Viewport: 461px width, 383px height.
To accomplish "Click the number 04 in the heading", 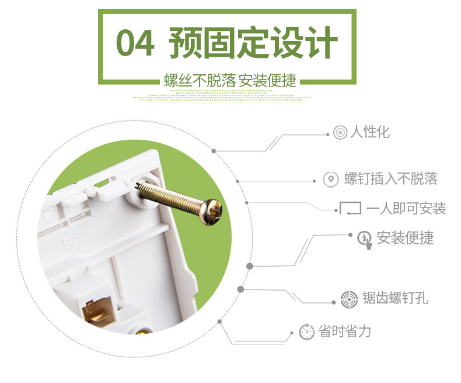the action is [135, 43].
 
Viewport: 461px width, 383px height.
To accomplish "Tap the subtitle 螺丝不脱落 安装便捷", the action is [230, 81].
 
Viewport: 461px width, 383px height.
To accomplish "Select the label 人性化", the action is [370, 132].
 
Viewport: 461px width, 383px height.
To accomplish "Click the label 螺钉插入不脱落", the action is [391, 178].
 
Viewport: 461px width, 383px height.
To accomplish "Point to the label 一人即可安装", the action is [406, 209].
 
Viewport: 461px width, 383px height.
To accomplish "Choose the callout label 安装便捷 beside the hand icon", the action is [405, 238].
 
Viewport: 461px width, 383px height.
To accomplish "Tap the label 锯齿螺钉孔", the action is [395, 298].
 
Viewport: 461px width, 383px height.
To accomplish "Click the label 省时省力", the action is [344, 331].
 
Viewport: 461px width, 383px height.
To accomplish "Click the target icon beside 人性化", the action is [340, 132].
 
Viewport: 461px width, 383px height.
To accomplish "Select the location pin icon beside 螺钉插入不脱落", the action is [331, 179].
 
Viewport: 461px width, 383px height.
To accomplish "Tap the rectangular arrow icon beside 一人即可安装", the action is [350, 208].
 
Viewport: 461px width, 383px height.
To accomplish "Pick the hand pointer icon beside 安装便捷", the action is [365, 240].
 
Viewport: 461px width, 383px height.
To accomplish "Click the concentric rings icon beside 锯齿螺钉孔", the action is [350, 299].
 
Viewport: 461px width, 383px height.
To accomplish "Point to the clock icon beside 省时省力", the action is [306, 332].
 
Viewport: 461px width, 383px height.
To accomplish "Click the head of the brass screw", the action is [212, 212].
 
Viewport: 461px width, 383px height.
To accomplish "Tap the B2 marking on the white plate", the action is [70, 242].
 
